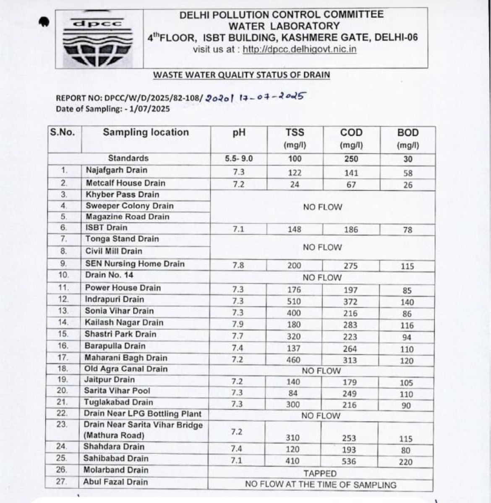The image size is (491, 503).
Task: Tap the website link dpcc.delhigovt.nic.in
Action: pyautogui.click(x=299, y=49)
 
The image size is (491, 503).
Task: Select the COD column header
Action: pyautogui.click(x=351, y=133)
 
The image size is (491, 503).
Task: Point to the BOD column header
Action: pyautogui.click(x=408, y=133)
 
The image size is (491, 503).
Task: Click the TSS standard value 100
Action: pyautogui.click(x=295, y=159)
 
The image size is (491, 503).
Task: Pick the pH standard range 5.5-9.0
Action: pyautogui.click(x=239, y=159)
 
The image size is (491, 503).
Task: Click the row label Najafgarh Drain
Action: pyautogui.click(x=117, y=170)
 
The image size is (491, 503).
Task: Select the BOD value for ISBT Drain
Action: pyautogui.click(x=407, y=230)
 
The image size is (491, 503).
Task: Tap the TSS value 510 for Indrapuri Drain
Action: pyautogui.click(x=294, y=301)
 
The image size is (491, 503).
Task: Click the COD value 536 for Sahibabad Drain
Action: pyautogui.click(x=349, y=461)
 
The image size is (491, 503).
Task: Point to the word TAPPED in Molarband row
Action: pyautogui.click(x=320, y=473)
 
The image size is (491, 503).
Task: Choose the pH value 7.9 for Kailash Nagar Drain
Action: pyautogui.click(x=238, y=324)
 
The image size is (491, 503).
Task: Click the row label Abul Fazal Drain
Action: pyautogui.click(x=115, y=482)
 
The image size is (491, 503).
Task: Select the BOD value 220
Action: pyautogui.click(x=405, y=462)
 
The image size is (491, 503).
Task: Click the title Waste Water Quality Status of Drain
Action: pyautogui.click(x=241, y=75)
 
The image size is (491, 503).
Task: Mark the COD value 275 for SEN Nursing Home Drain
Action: pyautogui.click(x=350, y=266)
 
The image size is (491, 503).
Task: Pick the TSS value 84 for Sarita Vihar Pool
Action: pyautogui.click(x=293, y=393)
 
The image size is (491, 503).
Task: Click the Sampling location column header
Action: pyautogui.click(x=146, y=132)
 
